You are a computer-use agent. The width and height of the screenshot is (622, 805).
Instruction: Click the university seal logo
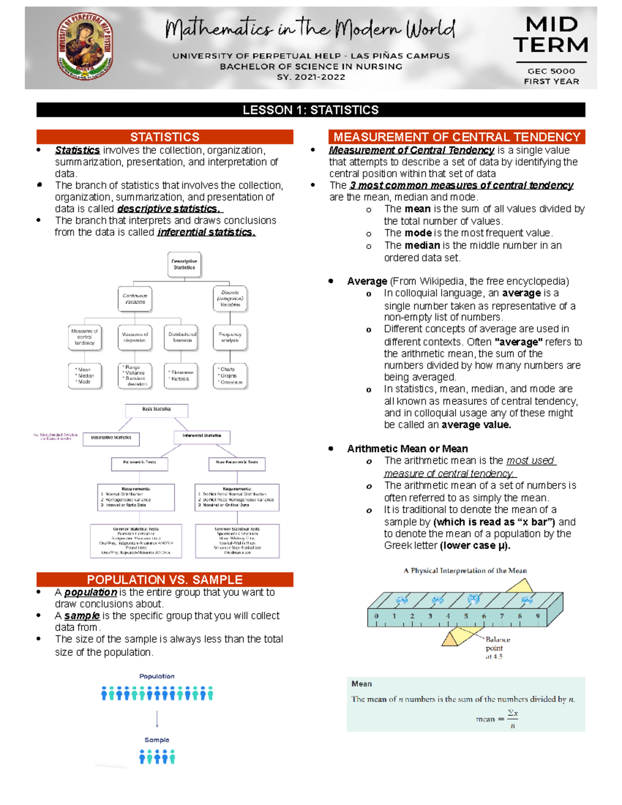pyautogui.click(x=84, y=46)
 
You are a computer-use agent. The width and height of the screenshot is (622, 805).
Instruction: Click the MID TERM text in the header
pyautogui.click(x=550, y=35)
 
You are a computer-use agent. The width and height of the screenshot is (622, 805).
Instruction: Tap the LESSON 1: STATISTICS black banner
pyautogui.click(x=310, y=110)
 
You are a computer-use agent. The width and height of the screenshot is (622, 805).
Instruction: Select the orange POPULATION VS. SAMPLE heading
pyautogui.click(x=164, y=580)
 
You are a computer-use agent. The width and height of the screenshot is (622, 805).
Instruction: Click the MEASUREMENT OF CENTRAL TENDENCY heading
pyautogui.click(x=457, y=137)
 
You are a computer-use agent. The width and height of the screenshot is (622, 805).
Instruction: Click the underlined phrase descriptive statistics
pyautogui.click(x=169, y=209)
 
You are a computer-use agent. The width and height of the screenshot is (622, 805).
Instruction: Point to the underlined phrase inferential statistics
pyautogui.click(x=206, y=232)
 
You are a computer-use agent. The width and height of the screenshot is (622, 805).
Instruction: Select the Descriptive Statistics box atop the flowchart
pyautogui.click(x=184, y=264)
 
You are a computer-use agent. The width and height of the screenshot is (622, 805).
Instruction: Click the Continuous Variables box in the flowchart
pyautogui.click(x=135, y=299)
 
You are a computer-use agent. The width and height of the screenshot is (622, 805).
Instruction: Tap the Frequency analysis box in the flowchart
pyautogui.click(x=230, y=337)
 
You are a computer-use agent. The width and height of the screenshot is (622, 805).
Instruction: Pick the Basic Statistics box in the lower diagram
pyautogui.click(x=157, y=409)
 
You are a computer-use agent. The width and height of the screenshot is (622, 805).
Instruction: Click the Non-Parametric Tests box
pyautogui.click(x=237, y=462)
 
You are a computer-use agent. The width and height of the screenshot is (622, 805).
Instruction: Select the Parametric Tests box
pyautogui.click(x=139, y=462)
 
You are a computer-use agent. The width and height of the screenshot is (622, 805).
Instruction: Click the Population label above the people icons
pyautogui.click(x=157, y=676)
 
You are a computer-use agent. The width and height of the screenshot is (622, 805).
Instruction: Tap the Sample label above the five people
pyautogui.click(x=157, y=740)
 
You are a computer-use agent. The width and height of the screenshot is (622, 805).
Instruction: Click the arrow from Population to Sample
pyautogui.click(x=157, y=719)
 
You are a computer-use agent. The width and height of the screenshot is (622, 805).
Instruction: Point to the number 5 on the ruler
pyautogui.click(x=465, y=616)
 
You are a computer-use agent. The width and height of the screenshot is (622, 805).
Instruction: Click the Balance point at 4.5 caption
pyautogui.click(x=496, y=647)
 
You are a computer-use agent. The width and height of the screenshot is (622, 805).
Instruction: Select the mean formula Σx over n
pyautogui.click(x=512, y=719)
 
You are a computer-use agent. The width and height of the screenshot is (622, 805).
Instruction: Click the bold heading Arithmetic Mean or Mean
pyautogui.click(x=407, y=448)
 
